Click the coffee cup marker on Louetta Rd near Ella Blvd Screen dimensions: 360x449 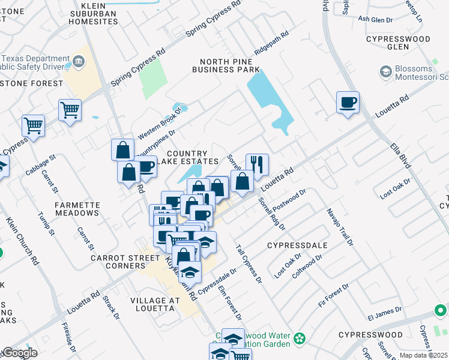[348, 103]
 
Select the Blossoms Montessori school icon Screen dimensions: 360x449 [385, 72]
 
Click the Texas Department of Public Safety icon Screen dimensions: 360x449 [79, 62]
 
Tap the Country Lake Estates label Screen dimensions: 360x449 [193, 158]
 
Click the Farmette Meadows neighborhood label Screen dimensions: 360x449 [77, 209]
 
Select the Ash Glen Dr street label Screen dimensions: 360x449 [375, 19]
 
